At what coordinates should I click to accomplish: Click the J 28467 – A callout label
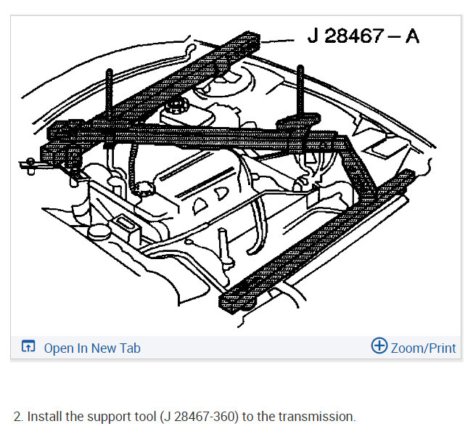pos(363,36)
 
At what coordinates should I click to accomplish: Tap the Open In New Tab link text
pos(92,348)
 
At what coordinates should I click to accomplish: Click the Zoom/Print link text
pos(423,348)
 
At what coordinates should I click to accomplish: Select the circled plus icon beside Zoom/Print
pos(379,346)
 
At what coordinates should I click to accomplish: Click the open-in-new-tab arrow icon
pos(28,346)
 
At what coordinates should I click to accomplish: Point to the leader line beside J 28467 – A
pos(277,41)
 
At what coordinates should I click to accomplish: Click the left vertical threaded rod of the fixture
pos(110,94)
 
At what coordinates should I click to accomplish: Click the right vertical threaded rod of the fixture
pos(300,91)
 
